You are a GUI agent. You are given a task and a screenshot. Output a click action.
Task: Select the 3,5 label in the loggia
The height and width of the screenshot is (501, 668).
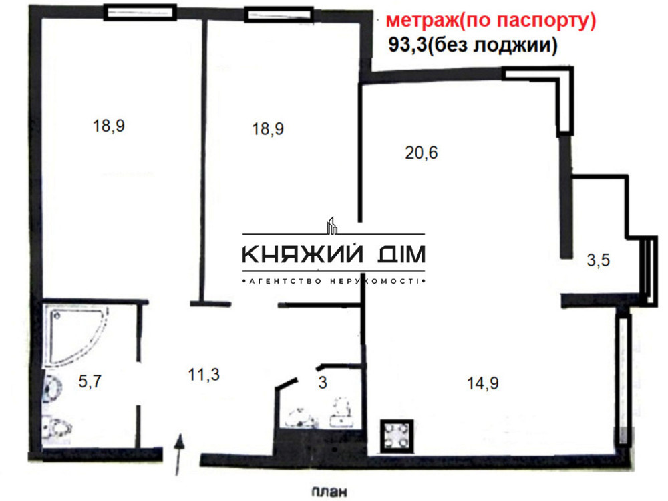[x=598, y=261]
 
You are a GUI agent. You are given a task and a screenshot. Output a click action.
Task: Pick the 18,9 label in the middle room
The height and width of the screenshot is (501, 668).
[x=268, y=129]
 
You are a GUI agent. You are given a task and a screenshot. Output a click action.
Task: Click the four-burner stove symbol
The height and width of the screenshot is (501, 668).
[x=397, y=435]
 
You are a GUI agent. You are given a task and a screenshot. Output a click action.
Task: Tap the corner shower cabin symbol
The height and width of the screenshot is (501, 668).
[x=75, y=336]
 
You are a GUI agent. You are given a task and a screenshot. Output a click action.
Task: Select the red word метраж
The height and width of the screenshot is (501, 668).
[x=426, y=21]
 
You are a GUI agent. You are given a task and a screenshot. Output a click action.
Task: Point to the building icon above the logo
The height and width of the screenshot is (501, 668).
[x=332, y=226]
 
